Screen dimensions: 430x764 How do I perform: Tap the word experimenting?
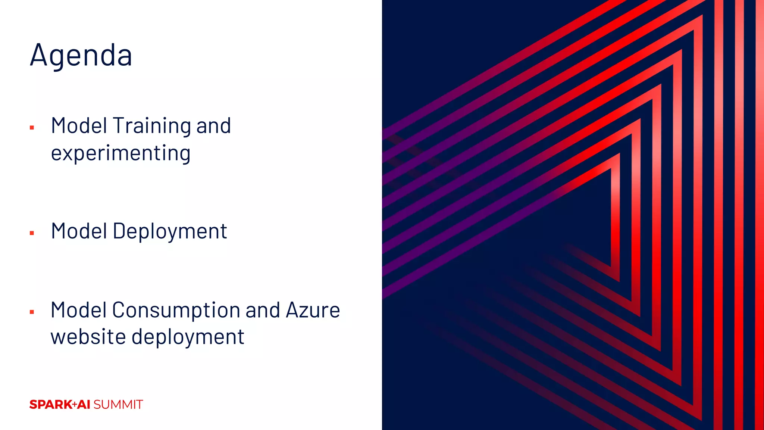click(x=120, y=153)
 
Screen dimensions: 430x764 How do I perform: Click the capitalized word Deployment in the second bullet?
click(x=170, y=231)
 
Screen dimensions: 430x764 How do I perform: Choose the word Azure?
click(x=313, y=310)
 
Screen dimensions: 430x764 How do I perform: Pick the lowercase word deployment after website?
click(x=188, y=337)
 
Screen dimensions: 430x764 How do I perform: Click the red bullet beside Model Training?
click(x=32, y=128)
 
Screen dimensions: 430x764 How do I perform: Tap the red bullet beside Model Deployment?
click(x=32, y=233)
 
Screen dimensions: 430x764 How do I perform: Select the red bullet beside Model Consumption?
click(x=32, y=312)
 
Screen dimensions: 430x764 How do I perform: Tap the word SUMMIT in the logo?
click(x=118, y=405)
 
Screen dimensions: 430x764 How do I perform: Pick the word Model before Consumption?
click(x=79, y=310)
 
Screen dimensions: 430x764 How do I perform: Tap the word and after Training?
click(x=213, y=126)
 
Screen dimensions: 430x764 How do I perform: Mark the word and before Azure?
click(x=263, y=310)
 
